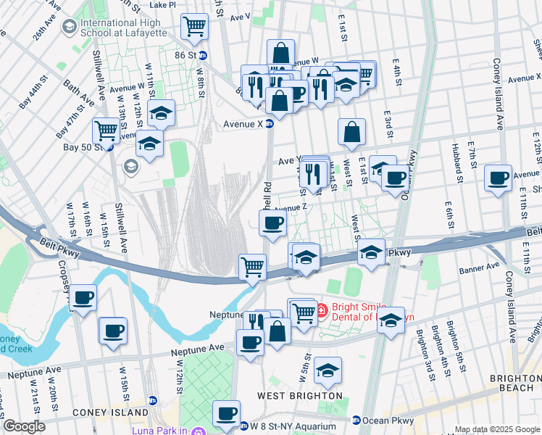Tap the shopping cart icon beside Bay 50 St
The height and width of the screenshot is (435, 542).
click(x=107, y=131)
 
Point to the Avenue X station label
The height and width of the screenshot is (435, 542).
click(x=242, y=123)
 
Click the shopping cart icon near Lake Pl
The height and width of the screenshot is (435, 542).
click(x=194, y=27)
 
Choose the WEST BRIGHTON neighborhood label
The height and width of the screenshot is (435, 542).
click(x=300, y=396)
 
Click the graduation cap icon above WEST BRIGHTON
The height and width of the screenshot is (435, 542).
click(x=328, y=370)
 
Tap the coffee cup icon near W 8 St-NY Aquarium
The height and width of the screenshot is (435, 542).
click(x=226, y=413)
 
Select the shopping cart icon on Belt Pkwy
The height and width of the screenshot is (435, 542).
click(x=252, y=266)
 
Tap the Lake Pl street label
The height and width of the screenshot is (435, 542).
click(x=162, y=4)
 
